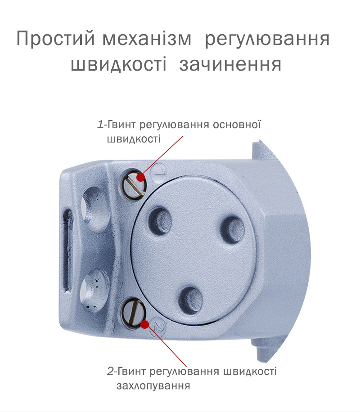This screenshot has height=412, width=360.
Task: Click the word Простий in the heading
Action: click(55, 38)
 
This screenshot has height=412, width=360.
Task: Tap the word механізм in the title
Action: click(147, 39)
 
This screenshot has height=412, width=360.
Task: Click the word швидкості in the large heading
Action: click(119, 64)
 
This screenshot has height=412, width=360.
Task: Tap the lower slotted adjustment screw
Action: click(133, 313)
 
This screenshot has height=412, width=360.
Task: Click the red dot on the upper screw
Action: click(141, 177)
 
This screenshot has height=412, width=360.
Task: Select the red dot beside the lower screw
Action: click(144, 324)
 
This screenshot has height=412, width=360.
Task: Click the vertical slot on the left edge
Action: click(67, 251)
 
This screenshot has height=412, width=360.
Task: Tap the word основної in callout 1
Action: click(237, 125)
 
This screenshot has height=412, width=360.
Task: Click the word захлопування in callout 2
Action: click(153, 386)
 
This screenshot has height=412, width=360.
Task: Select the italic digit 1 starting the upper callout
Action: click(100, 124)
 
